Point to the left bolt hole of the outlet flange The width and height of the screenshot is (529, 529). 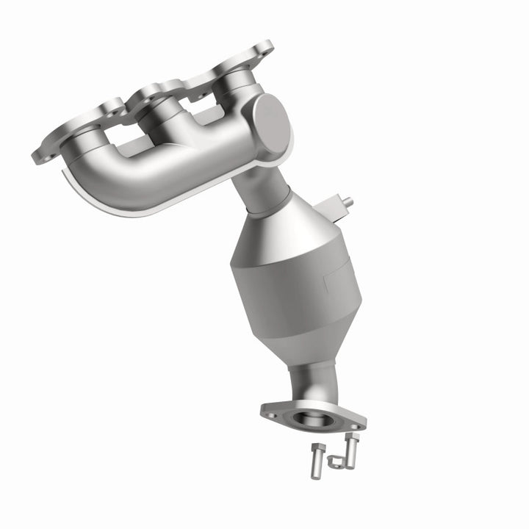click(x=273, y=415)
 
